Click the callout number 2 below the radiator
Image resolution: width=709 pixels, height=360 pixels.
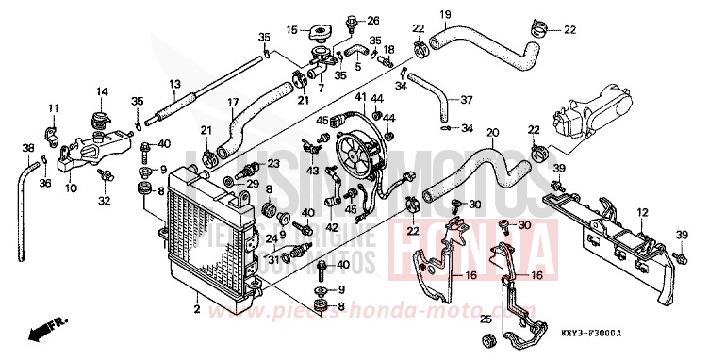[x=196, y=309]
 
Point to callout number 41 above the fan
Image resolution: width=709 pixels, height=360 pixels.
[x=361, y=97]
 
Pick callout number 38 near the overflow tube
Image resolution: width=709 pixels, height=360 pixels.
[x=27, y=148]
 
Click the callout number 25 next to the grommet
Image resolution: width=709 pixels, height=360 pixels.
[x=486, y=319]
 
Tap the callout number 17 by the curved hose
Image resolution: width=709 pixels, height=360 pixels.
[x=232, y=102]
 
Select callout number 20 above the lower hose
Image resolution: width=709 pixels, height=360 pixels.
[x=491, y=132]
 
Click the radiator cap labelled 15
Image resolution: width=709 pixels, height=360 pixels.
[x=321, y=35]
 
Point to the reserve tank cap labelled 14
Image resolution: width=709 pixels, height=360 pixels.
[x=97, y=120]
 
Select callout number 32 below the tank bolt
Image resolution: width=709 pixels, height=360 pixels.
[x=104, y=200]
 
